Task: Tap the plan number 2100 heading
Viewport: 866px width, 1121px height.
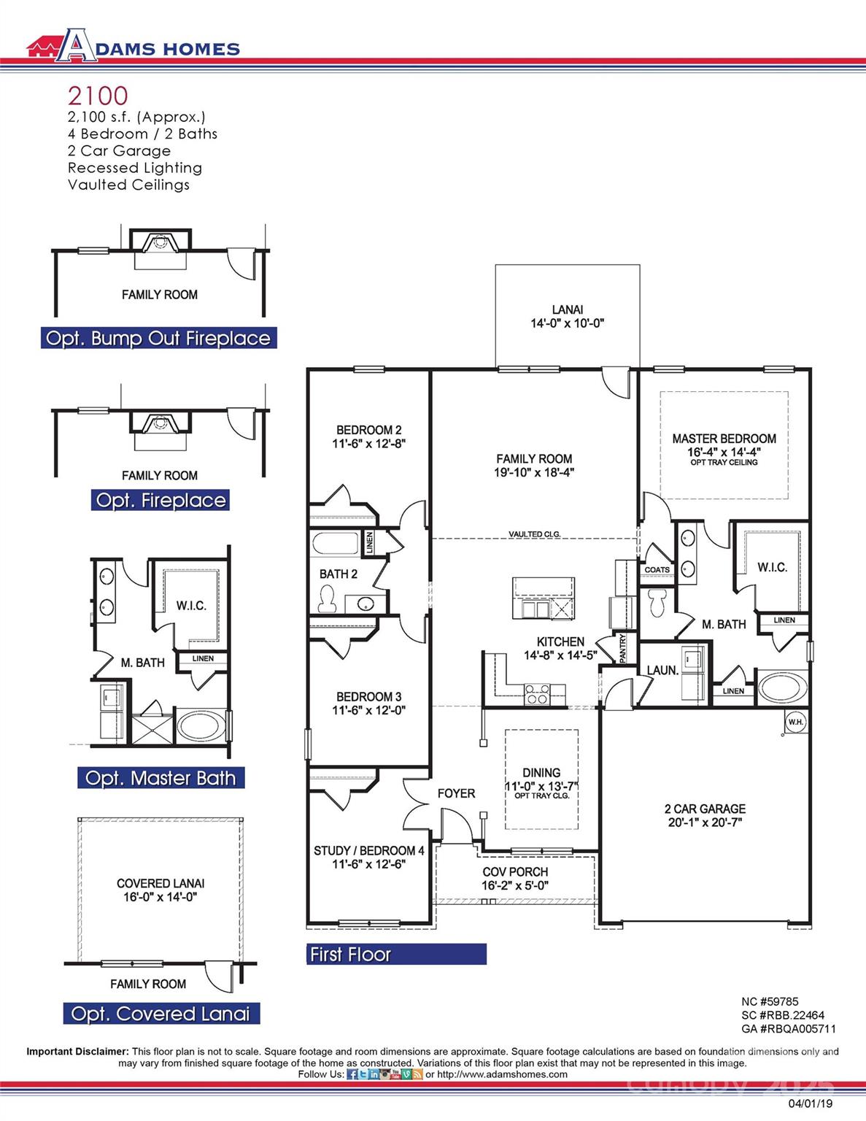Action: (x=98, y=96)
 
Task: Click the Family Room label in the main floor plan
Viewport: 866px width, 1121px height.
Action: (x=534, y=459)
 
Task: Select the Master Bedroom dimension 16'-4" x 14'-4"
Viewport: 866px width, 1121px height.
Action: (x=724, y=452)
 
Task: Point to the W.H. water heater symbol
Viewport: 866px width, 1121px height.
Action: (x=795, y=722)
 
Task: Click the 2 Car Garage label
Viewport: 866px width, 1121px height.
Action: (x=705, y=809)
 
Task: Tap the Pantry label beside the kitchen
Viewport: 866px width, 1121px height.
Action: (x=622, y=648)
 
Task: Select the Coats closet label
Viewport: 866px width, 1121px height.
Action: (x=657, y=570)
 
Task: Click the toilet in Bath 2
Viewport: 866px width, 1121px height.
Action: (x=326, y=599)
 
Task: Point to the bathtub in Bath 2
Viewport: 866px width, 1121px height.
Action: (x=334, y=544)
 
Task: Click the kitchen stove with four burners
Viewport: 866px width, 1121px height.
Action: (x=538, y=693)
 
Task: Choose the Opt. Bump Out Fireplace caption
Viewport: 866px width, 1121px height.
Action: (x=158, y=339)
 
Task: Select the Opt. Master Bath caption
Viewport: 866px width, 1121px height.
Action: (x=161, y=778)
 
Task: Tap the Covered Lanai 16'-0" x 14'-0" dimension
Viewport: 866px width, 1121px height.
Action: (x=160, y=897)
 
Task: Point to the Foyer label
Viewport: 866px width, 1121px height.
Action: (x=456, y=793)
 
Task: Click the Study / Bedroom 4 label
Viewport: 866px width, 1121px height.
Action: (x=368, y=851)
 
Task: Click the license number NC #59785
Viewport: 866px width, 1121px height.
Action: (x=770, y=1001)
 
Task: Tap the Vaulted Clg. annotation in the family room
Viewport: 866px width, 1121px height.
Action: (x=534, y=534)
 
